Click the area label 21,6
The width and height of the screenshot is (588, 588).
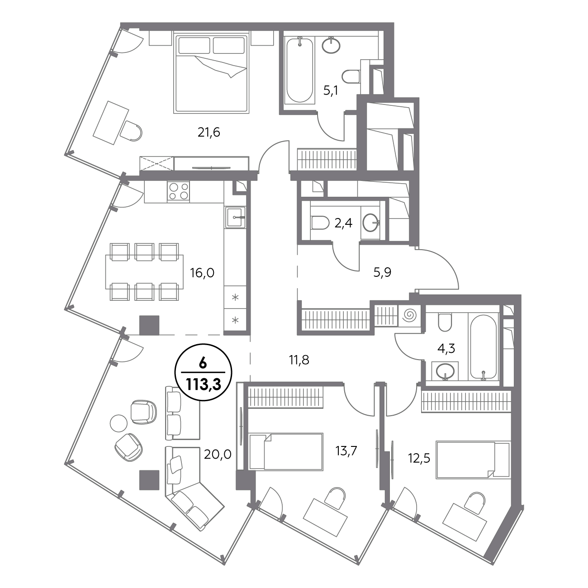(209, 133)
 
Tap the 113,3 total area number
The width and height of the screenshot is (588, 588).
(203, 384)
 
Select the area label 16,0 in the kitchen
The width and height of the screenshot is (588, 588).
(202, 272)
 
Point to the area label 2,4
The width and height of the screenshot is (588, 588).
(343, 223)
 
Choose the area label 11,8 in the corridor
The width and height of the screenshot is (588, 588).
(299, 360)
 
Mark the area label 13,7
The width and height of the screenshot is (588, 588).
(346, 450)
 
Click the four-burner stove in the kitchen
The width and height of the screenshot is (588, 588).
(178, 191)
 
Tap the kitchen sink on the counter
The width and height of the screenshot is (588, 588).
(235, 217)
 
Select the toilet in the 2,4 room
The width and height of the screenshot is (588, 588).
(320, 223)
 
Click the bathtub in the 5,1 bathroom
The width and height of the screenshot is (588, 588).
(299, 70)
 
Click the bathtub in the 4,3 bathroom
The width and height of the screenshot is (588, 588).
(483, 347)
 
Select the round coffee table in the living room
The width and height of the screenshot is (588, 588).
(119, 423)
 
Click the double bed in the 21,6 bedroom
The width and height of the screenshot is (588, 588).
(211, 74)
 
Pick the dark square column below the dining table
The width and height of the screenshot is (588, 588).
(149, 325)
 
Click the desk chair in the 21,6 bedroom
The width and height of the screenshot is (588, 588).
(131, 131)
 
